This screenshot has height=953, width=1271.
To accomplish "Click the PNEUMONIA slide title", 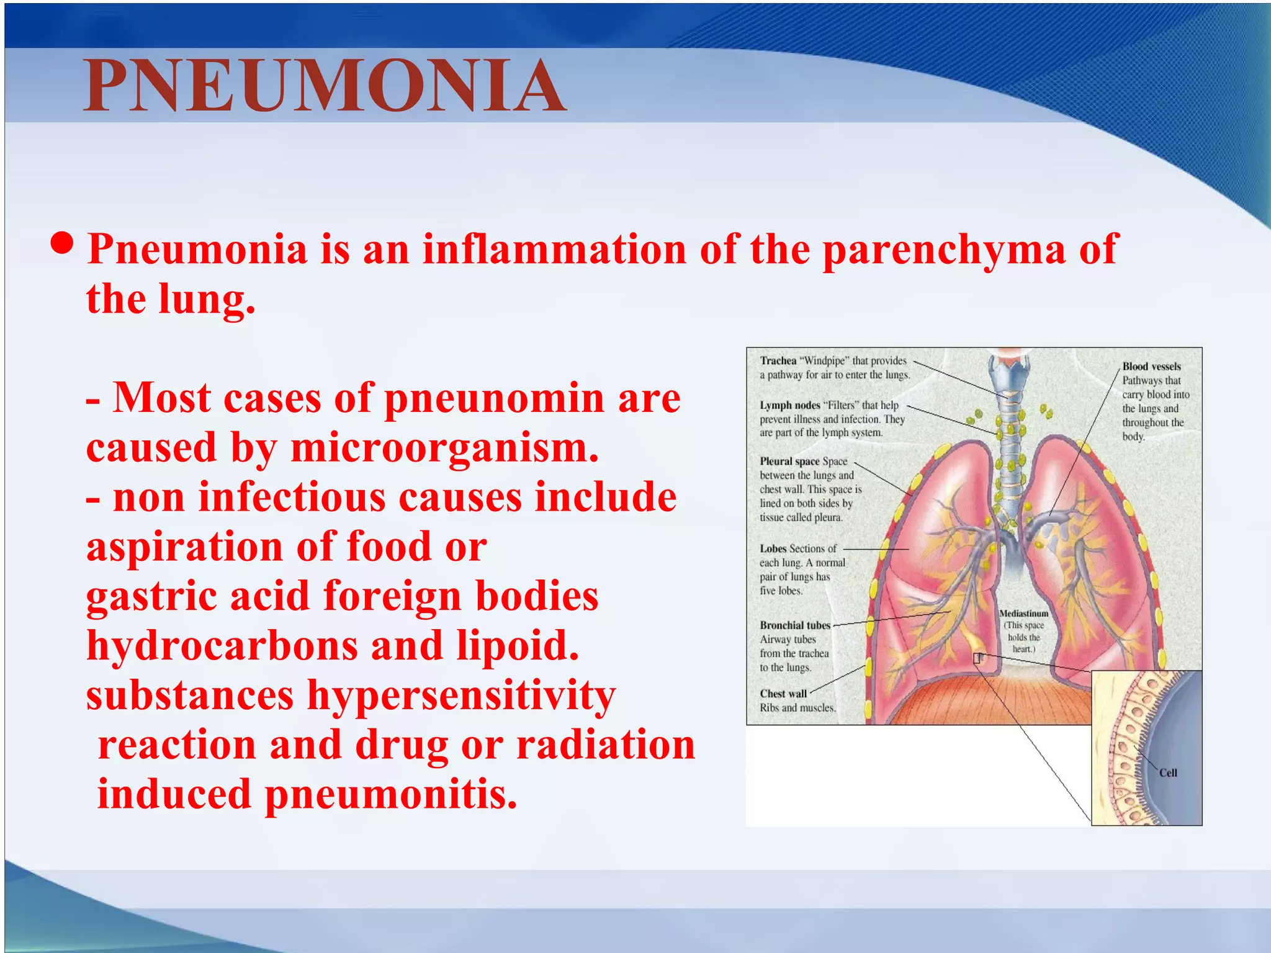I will tap(324, 87).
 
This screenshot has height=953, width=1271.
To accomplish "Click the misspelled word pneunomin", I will tap(494, 399).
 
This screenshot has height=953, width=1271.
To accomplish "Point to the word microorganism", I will tap(444, 448).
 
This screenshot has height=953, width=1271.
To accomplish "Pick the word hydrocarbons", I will tap(222, 647).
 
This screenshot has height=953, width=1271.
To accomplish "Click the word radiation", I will tap(606, 745).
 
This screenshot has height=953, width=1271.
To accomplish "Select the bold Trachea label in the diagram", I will tap(778, 360).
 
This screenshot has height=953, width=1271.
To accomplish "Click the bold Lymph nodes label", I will tap(789, 405).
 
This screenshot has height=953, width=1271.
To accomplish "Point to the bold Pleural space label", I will tap(789, 461).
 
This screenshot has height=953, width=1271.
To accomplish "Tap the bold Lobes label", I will tap(773, 548).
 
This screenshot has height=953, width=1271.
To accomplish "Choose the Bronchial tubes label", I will tap(794, 625).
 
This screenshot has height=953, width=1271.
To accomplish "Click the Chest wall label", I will tap(783, 694).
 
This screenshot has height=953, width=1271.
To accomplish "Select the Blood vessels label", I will tap(1151, 367).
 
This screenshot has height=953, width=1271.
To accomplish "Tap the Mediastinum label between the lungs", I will tap(1023, 614).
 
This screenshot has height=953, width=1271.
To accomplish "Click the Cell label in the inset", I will tap(1168, 773).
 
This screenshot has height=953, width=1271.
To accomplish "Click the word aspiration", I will tap(184, 547).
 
